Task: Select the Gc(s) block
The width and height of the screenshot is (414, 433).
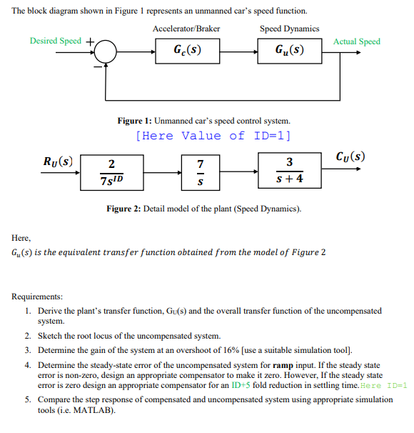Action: [x=187, y=51]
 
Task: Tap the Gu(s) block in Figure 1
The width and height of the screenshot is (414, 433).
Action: [x=289, y=51]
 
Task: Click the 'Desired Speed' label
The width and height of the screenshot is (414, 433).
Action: [x=56, y=41]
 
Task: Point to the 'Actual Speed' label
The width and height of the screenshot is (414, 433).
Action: [x=356, y=41]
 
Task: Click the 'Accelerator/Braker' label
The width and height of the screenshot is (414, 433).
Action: [x=186, y=29]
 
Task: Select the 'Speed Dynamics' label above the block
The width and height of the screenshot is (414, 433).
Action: [x=289, y=29]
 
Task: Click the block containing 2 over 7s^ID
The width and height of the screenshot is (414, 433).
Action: [x=111, y=171]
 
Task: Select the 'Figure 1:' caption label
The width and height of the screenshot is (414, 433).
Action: [x=134, y=121]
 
